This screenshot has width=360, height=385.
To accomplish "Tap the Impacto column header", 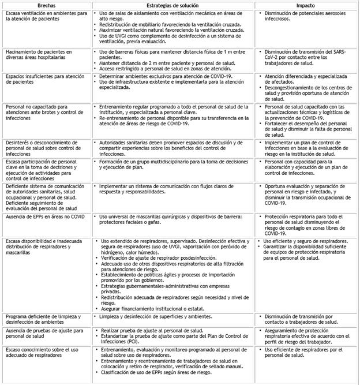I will pyautogui.click(x=304, y=4).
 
